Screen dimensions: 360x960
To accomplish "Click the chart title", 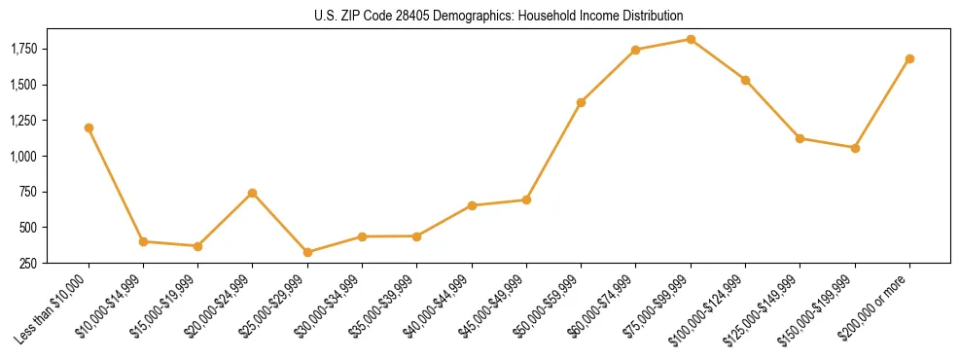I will (499, 17).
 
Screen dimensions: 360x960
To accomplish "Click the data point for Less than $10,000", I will (89, 127).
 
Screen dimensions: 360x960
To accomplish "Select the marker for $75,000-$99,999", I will (691, 40).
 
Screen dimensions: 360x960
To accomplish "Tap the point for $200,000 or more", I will (909, 58).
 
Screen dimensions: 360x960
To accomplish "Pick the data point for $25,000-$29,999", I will (307, 252).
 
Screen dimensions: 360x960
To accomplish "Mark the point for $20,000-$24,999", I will (253, 193).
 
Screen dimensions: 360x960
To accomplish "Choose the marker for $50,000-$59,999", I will (581, 102).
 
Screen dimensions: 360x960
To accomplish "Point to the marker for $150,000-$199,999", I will (855, 148).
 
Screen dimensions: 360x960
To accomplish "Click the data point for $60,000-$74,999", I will (635, 50).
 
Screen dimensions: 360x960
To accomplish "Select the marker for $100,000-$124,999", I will (745, 80).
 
